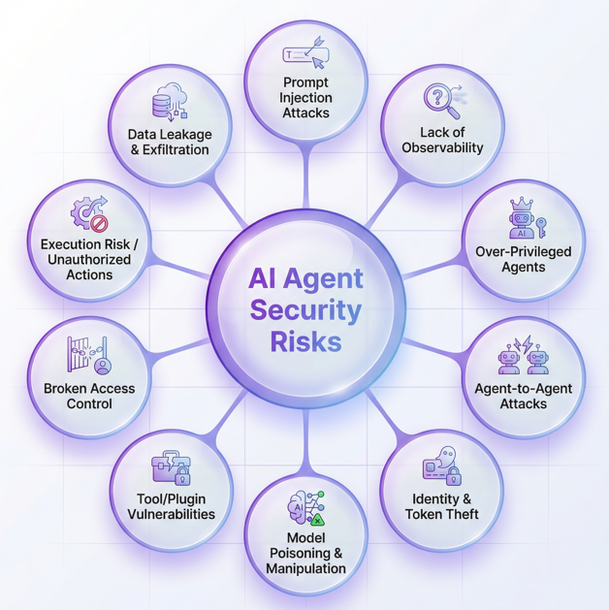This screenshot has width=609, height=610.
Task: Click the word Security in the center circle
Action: pyautogui.click(x=305, y=311)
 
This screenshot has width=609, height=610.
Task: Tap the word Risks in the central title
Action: pyautogui.click(x=306, y=341)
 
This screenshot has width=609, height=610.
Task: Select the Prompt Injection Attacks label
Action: pyautogui.click(x=305, y=98)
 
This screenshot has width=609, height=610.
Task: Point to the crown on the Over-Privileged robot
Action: pyautogui.click(x=521, y=204)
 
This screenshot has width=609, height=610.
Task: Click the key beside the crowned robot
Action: pyautogui.click(x=541, y=227)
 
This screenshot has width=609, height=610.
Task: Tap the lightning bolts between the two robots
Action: pyautogui.click(x=523, y=344)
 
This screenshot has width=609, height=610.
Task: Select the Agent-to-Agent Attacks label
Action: pyautogui.click(x=523, y=396)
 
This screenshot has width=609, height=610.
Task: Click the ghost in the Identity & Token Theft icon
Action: pyautogui.click(x=446, y=456)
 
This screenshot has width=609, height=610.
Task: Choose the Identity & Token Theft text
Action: pyautogui.click(x=442, y=506)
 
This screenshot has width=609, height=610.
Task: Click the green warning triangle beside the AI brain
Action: pyautogui.click(x=318, y=520)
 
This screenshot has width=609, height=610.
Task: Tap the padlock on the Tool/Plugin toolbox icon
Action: pyautogui.click(x=182, y=475)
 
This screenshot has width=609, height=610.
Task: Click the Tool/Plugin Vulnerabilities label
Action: pyautogui.click(x=171, y=506)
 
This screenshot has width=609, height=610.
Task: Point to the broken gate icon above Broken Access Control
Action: pyautogui.click(x=89, y=355)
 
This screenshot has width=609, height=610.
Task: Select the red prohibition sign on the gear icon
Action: pyautogui.click(x=99, y=224)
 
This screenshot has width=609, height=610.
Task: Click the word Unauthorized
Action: pyautogui.click(x=89, y=260)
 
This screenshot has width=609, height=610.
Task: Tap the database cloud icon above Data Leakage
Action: pyautogui.click(x=170, y=100)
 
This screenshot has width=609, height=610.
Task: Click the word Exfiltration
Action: pyautogui.click(x=176, y=149)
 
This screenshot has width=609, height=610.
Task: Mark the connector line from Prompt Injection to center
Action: pyautogui.click(x=306, y=178)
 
